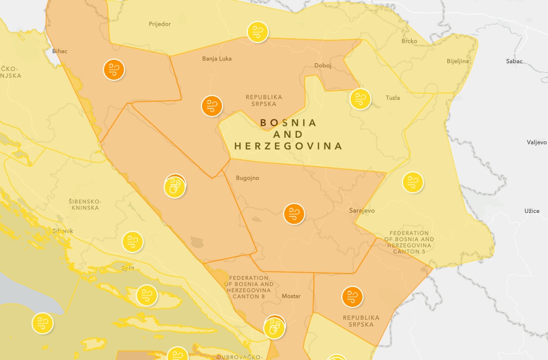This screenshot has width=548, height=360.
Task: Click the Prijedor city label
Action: pyautogui.click(x=159, y=24)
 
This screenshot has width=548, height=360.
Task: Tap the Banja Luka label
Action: pyautogui.click(x=216, y=59)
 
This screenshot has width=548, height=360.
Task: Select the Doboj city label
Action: pyautogui.click(x=323, y=66)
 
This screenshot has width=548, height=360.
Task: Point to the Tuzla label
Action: pyautogui.click(x=393, y=98)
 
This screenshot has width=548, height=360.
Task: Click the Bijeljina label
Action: pyautogui.click(x=458, y=61)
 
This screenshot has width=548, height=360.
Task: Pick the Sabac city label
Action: pyautogui.click(x=514, y=61)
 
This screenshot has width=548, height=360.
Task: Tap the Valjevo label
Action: pyautogui.click(x=537, y=142)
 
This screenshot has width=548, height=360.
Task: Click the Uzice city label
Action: pyautogui.click(x=532, y=211)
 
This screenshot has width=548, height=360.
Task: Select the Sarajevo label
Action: pyautogui.click(x=362, y=211)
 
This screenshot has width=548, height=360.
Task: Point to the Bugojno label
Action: pyautogui.click(x=247, y=178)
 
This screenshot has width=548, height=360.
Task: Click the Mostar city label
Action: pyautogui.click(x=291, y=296)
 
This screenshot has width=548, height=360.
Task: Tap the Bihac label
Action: pyautogui.click(x=60, y=51)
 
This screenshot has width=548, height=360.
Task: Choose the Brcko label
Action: pyautogui.click(x=409, y=41)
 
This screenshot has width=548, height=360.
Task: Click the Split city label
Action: pyautogui.click(x=127, y=268)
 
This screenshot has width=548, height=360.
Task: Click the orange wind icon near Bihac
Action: pyautogui.click(x=114, y=69)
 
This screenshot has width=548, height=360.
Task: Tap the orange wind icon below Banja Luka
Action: pyautogui.click(x=212, y=106)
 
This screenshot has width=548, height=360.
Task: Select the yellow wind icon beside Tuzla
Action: pyautogui.click(x=360, y=99)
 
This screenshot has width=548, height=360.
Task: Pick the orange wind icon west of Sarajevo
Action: pyautogui.click(x=295, y=214)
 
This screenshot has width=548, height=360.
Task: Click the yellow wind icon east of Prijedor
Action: pyautogui.click(x=258, y=32)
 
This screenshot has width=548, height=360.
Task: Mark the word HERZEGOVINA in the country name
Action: pyautogui.click(x=288, y=147)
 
